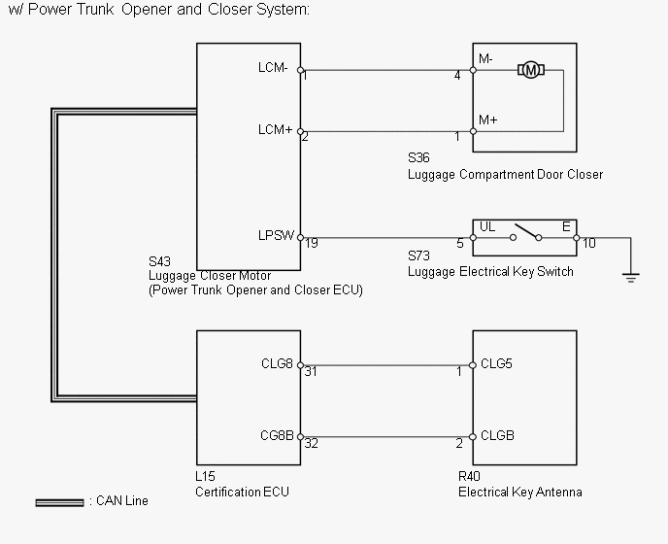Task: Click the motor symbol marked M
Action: click(531, 70)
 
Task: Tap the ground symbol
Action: click(630, 278)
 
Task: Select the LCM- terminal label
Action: click(273, 67)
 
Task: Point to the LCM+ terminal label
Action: click(275, 129)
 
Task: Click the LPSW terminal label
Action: click(276, 235)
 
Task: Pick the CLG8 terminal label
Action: click(277, 363)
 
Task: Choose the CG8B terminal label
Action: click(277, 435)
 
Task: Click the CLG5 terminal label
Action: click(496, 363)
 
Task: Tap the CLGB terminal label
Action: click(497, 435)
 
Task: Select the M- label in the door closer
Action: click(485, 59)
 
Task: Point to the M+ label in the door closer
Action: click(487, 119)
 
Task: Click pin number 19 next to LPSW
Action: click(312, 244)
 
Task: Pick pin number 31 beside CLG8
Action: click(311, 372)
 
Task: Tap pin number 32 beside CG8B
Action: click(311, 444)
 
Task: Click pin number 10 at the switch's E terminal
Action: click(589, 244)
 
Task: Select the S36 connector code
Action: click(418, 157)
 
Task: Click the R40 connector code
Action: click(469, 476)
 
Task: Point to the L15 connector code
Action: click(205, 476)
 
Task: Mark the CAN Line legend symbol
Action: click(59, 502)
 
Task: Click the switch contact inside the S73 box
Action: click(525, 232)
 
